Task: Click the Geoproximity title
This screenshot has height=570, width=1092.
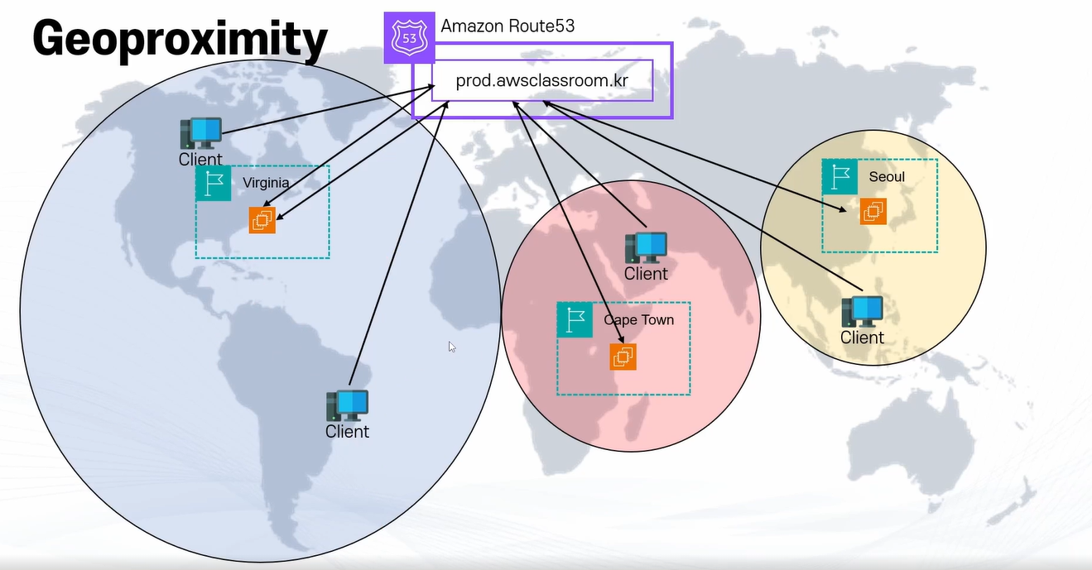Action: click(180, 39)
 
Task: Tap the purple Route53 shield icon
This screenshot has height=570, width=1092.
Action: click(409, 37)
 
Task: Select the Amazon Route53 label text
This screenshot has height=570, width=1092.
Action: click(508, 26)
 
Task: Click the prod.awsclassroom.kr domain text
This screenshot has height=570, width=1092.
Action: click(542, 81)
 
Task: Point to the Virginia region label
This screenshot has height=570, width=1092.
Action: click(266, 183)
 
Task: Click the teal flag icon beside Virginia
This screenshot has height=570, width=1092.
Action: click(214, 183)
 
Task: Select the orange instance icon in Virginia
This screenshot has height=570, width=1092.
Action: click(262, 220)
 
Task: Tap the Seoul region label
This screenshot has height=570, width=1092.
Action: click(887, 176)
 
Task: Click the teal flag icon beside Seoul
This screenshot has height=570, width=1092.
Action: click(839, 176)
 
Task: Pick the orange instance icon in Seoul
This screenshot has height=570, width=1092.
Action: click(873, 212)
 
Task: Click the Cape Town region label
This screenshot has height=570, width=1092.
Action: click(638, 319)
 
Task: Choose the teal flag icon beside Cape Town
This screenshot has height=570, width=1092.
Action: click(575, 319)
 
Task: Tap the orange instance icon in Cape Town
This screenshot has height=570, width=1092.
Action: click(623, 357)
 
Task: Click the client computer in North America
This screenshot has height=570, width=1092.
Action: click(201, 133)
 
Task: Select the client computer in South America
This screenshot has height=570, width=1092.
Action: click(347, 406)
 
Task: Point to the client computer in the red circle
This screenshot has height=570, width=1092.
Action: click(646, 247)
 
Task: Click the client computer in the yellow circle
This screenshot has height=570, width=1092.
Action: click(862, 311)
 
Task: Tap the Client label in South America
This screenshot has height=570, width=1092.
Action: click(347, 431)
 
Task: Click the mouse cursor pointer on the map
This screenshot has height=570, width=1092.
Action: click(452, 347)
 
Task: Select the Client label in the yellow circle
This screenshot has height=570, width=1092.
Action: click(862, 338)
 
